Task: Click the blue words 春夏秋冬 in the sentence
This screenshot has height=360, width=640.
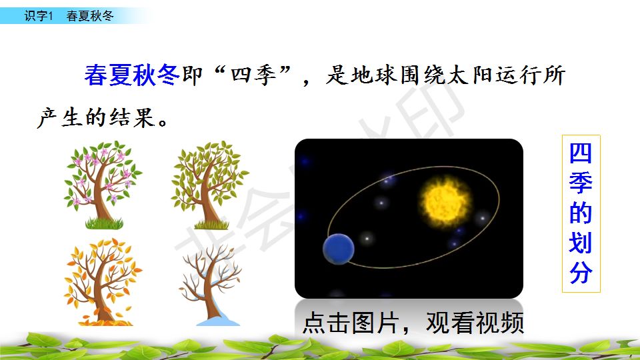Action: [x=132, y=75]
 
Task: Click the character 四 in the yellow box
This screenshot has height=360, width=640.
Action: [x=581, y=154]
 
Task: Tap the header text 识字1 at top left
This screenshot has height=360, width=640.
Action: [x=39, y=16]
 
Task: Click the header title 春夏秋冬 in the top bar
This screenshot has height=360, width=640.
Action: [x=90, y=16]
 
